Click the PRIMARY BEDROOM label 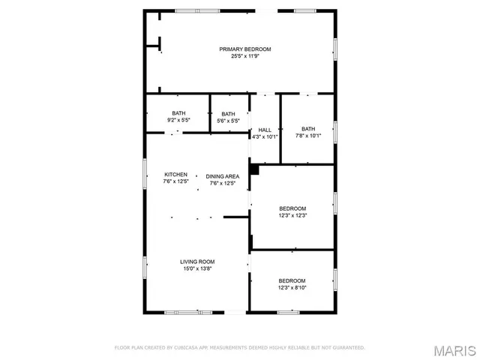point(244,49)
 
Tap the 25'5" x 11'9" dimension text point(244,56)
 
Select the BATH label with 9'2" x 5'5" point(178,113)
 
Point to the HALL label point(265,129)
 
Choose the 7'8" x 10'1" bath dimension point(308,136)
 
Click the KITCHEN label point(175,175)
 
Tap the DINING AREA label point(223,176)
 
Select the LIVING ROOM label point(197,262)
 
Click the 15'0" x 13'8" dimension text point(197,268)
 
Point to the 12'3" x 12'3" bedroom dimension point(292,215)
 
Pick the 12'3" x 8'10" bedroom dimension point(292,287)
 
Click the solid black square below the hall point(254,169)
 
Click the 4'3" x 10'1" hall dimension point(265,136)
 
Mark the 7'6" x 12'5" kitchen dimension point(175,181)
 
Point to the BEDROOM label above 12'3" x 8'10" point(292,280)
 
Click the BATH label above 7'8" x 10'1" point(308,128)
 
